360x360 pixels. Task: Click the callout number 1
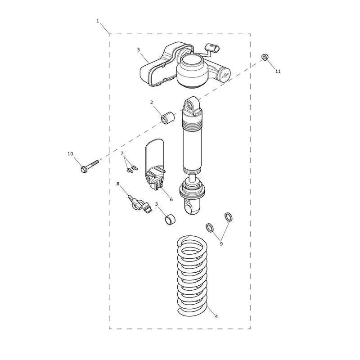98,21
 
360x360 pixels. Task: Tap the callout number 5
139,49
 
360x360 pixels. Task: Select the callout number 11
278,71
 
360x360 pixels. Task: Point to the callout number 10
70,153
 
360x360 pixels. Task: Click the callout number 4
216,316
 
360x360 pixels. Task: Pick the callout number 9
221,244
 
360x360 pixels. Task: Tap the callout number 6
171,199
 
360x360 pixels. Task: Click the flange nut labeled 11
265,57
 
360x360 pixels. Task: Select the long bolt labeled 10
90,166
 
